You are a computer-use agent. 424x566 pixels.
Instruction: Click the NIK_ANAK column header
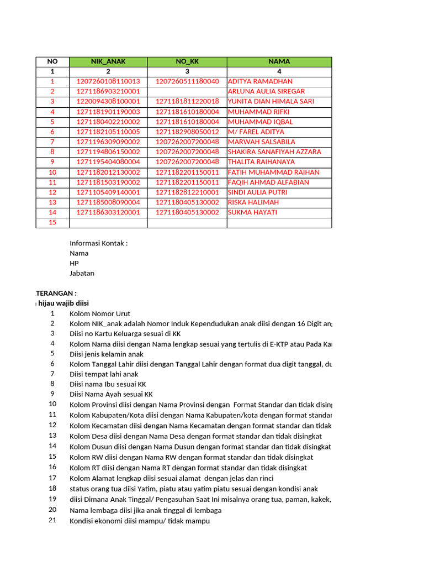pos(108,61)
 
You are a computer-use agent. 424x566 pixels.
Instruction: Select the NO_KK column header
pos(187,61)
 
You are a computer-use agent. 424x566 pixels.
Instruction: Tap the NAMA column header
pos(279,61)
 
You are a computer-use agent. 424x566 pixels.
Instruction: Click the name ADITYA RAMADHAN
pos(260,82)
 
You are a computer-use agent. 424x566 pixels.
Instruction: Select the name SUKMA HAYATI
pos(252,212)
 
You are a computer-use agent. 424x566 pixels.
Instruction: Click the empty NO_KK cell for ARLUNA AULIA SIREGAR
pos(187,92)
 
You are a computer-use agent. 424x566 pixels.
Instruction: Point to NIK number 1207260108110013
pos(108,82)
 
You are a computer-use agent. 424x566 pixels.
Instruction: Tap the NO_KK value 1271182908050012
pos(187,132)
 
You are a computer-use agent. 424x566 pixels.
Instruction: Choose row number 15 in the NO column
pos(52,223)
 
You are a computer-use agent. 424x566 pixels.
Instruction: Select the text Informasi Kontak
pos(98,243)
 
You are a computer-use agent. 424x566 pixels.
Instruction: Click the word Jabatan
pos(82,273)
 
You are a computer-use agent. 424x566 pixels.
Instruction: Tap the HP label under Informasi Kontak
pos(75,263)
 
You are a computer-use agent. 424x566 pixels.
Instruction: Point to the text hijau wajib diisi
pos(63,303)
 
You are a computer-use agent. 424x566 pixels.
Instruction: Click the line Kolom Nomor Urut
pos(100,314)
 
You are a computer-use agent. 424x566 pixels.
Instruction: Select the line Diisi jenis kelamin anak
pos(107,354)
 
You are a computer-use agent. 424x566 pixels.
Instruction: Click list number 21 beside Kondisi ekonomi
pos(52,521)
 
